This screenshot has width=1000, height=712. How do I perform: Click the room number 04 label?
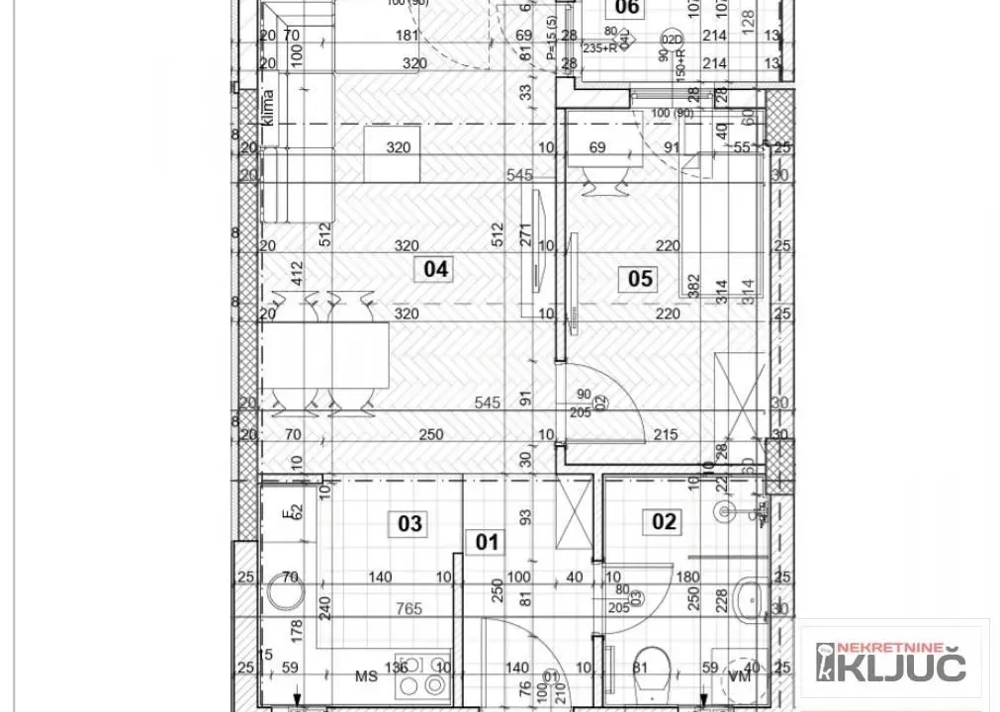point(436,268)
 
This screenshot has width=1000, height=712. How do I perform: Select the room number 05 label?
point(640,279)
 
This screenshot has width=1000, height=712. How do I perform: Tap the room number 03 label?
point(411,522)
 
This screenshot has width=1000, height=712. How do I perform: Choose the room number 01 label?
point(489,542)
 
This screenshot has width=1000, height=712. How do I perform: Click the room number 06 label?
point(627,9)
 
